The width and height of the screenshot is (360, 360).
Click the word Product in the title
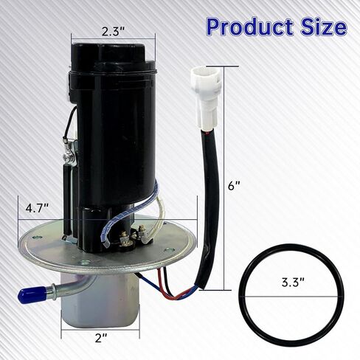[250, 27]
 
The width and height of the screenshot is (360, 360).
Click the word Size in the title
[324, 27]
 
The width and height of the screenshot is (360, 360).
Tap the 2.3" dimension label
[114, 32]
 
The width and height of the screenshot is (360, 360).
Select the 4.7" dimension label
[37, 209]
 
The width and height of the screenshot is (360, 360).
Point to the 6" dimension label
[234, 186]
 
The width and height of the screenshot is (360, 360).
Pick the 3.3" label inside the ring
[294, 283]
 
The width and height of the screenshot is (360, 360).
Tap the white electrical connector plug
[204, 98]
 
